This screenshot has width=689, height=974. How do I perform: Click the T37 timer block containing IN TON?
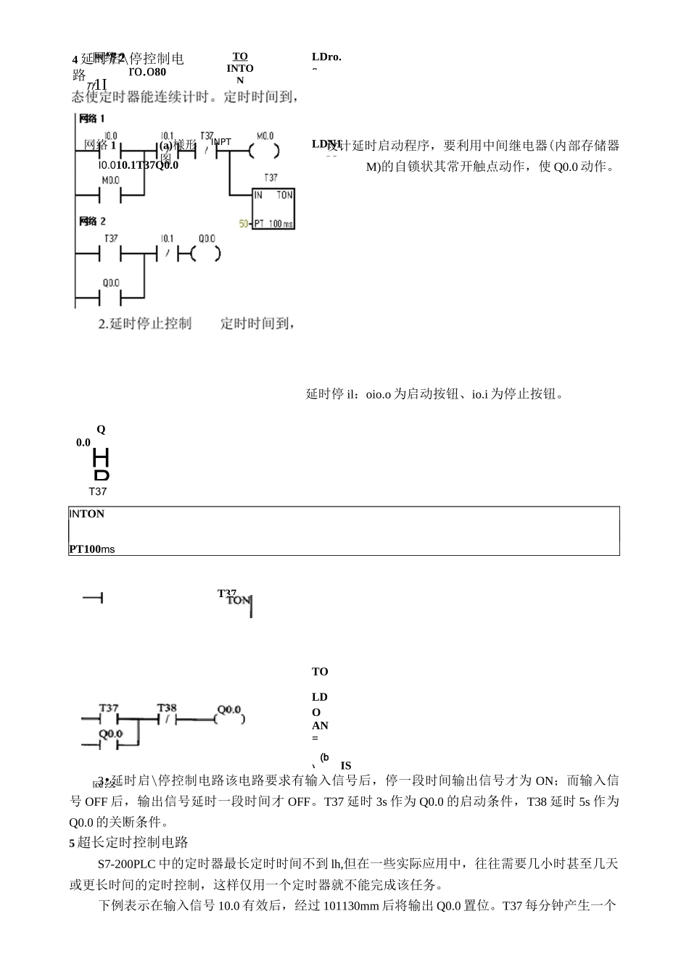(x=273, y=209)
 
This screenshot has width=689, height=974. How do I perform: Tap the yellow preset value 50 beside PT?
(x=244, y=224)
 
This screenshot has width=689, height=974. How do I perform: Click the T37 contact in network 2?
(x=110, y=254)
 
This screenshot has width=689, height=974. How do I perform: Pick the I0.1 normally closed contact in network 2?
(x=168, y=254)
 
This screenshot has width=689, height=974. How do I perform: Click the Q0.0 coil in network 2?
(x=206, y=254)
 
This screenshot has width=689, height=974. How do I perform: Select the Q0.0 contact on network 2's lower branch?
(x=110, y=297)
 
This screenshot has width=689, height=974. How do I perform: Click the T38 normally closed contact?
(x=167, y=719)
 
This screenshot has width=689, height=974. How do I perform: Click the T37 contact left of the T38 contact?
(x=109, y=719)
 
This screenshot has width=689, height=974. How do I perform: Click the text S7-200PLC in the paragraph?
(x=125, y=864)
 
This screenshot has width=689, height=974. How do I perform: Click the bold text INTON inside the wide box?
(x=87, y=514)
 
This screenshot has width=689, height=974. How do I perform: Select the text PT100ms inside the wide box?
(x=92, y=549)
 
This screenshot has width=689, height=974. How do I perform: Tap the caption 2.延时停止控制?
(x=145, y=323)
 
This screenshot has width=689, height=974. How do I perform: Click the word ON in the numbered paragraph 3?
(x=543, y=781)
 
